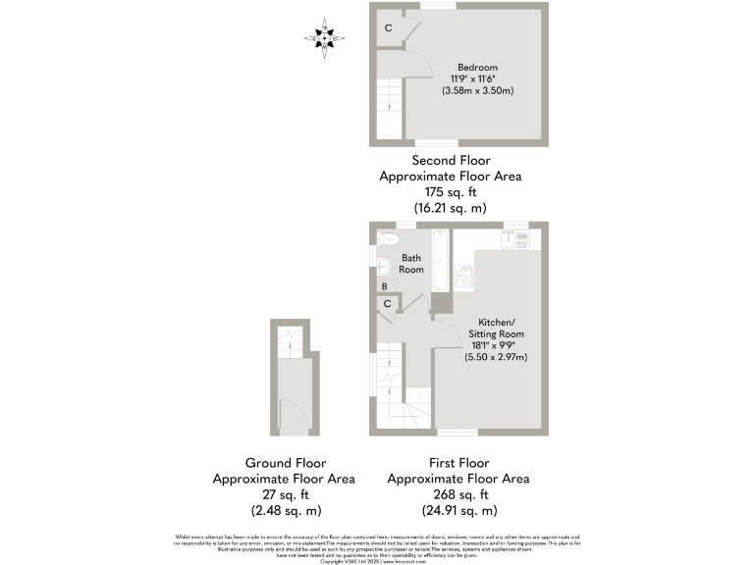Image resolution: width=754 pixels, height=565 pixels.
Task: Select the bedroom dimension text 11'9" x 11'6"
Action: [x=477, y=78]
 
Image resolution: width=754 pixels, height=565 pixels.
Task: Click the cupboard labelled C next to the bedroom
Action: [x=389, y=28]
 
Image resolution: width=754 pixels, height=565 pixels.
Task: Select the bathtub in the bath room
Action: [x=440, y=260]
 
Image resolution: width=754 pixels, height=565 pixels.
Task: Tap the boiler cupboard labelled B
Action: [x=385, y=286]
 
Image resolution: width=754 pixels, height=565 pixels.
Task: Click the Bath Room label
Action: [x=411, y=263]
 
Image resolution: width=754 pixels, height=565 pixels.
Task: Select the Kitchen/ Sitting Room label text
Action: [x=501, y=328]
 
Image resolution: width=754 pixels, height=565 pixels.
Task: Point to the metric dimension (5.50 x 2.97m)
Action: [x=497, y=357]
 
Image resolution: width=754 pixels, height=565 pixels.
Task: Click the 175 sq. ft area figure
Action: [x=451, y=192]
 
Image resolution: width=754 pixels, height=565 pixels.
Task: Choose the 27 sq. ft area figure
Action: [x=284, y=494]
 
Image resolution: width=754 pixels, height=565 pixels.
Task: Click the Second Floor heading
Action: [x=451, y=160]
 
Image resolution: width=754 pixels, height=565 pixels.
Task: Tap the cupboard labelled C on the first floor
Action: [x=388, y=304]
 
